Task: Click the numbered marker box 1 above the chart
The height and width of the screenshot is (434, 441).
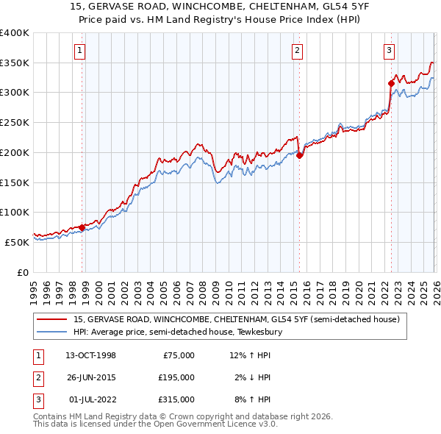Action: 79,51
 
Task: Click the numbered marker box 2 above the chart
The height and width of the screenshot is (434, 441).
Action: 297,51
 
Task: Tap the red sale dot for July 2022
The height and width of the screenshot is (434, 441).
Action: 391,83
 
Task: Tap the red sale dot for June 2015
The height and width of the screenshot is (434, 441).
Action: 300,155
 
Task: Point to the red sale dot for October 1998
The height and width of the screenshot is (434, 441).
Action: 82,227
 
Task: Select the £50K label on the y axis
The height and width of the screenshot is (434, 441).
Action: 17,241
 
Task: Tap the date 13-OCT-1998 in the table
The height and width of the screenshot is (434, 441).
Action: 90,355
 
